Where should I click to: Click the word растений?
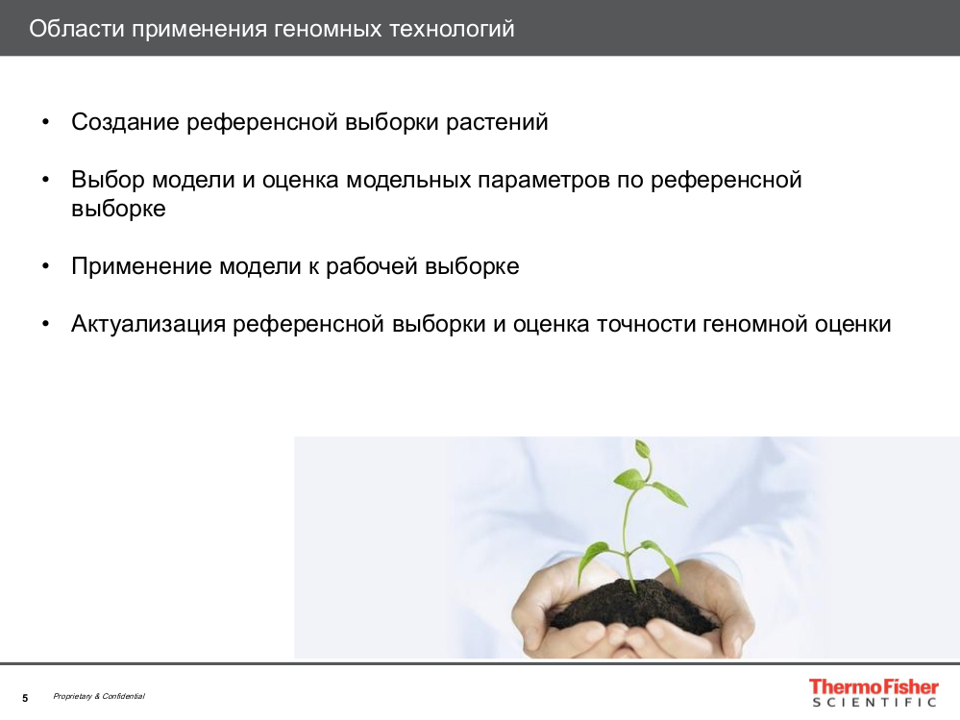coord(497,122)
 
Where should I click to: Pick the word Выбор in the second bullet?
coord(108,180)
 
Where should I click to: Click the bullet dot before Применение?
coord(46,266)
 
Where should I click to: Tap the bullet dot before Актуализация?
coord(46,324)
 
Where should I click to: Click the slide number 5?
coord(25,698)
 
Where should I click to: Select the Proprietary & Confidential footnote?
coord(99,696)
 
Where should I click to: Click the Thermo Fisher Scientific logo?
coord(874,693)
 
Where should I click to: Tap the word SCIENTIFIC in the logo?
coord(874,703)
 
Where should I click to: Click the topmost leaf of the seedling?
coord(642,450)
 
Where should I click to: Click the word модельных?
coord(408,180)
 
